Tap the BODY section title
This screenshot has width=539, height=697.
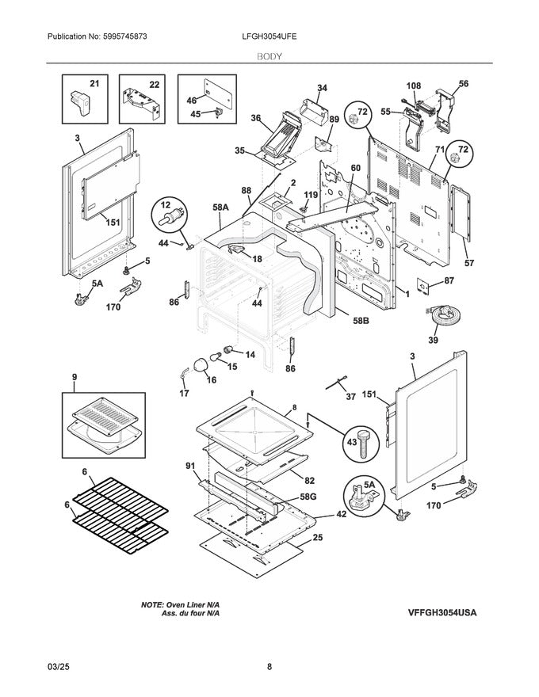tap(269, 57)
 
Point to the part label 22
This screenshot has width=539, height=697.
tap(154, 84)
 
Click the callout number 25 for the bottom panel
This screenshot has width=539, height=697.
tap(318, 538)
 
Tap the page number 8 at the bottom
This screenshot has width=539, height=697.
tap(269, 667)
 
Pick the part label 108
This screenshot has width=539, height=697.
tap(414, 85)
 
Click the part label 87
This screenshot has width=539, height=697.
tap(449, 280)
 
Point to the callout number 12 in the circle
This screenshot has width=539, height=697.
tap(166, 204)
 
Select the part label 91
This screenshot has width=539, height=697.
tap(190, 466)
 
